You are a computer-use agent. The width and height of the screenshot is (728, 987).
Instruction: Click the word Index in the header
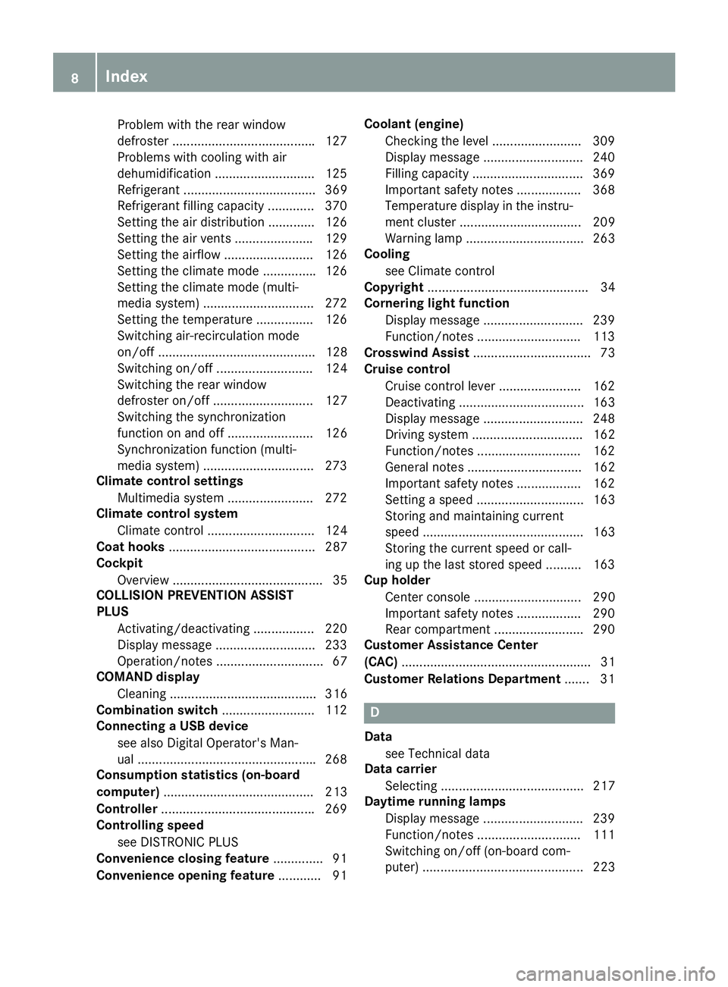(127, 76)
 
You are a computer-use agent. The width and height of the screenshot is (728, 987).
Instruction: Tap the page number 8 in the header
(75, 77)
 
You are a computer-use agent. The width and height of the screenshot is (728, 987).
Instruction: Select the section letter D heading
(375, 713)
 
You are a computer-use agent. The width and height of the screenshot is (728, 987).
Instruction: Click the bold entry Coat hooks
(130, 547)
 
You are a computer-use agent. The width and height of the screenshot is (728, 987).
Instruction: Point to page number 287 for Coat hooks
(336, 547)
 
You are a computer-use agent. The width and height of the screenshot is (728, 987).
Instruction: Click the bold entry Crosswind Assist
(416, 352)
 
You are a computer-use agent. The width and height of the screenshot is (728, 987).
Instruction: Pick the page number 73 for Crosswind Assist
(607, 352)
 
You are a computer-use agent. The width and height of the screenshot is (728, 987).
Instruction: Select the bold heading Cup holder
(397, 580)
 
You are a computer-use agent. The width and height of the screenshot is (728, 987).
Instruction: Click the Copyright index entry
(394, 287)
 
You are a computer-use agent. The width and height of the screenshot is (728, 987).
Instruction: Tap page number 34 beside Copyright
(607, 287)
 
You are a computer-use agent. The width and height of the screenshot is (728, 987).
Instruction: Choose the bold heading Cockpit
(119, 563)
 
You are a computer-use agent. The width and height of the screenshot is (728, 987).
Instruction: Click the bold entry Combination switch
(157, 710)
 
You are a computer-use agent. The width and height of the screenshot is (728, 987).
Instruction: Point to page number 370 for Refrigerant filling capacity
(336, 205)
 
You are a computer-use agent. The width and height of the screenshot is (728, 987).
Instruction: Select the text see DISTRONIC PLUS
(177, 842)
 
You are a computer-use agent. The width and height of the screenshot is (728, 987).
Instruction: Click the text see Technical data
(437, 754)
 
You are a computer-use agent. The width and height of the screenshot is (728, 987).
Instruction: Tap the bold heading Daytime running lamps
(435, 801)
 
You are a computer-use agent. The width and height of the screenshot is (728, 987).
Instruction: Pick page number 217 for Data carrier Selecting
(604, 786)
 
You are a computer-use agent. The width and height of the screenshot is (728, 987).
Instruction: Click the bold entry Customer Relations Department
(462, 678)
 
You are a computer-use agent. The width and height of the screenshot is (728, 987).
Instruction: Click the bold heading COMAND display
(148, 677)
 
